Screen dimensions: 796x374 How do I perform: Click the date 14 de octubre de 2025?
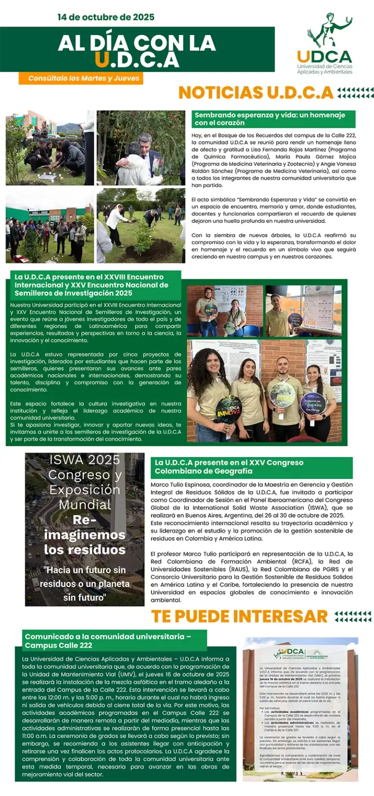[x=106, y=17]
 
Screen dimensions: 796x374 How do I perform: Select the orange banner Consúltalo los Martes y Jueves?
[x=81, y=78]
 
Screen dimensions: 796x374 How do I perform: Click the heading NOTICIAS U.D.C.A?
[x=256, y=93]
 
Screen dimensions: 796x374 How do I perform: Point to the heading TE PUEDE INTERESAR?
[x=239, y=616]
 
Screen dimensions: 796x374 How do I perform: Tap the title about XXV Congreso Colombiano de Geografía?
[x=251, y=467]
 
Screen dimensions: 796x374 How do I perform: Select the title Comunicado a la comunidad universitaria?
[x=114, y=641]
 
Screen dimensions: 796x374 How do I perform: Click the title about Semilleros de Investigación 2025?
[x=95, y=285]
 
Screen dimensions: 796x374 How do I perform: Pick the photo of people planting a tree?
[x=141, y=226]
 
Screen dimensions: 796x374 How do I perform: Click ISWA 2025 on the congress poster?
[x=85, y=460]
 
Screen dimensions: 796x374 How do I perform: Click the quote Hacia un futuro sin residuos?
[x=85, y=584]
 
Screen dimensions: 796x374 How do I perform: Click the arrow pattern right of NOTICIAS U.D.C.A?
[x=355, y=93]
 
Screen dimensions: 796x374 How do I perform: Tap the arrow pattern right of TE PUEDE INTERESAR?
[x=353, y=616]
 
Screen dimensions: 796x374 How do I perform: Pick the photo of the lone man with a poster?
[x=303, y=311]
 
